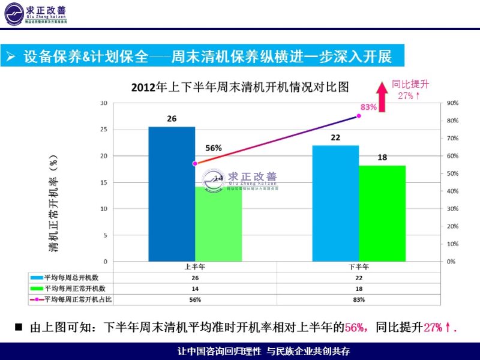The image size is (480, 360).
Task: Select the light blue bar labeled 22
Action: (x=335, y=203)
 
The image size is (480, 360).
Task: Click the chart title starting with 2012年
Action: (x=240, y=87)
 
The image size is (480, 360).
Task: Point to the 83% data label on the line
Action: (x=368, y=107)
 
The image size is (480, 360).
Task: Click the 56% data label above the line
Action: (x=214, y=148)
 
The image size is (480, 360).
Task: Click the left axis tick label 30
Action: (x=103, y=103)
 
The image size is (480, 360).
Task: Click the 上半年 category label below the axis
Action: (x=195, y=266)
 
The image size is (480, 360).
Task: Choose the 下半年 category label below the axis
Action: (x=359, y=266)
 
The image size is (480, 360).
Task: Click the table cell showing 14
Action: (x=195, y=289)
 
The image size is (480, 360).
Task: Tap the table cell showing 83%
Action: (x=359, y=299)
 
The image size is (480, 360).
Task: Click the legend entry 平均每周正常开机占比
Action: (x=74, y=299)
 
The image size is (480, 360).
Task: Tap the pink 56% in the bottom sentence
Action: (x=355, y=328)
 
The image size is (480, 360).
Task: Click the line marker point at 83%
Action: (x=359, y=115)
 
